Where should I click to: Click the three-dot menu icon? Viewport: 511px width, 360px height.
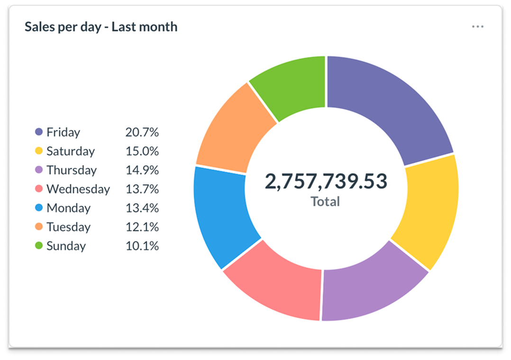[477, 27]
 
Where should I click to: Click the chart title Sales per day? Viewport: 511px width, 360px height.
[101, 27]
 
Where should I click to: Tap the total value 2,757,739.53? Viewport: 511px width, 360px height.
[326, 181]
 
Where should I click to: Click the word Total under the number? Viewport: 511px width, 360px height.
[325, 202]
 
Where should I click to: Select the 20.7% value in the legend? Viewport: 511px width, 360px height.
[142, 132]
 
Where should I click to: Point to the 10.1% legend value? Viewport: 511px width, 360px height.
[142, 246]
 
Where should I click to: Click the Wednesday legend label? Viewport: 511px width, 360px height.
[78, 189]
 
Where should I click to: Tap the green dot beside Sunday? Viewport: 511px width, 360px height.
[39, 246]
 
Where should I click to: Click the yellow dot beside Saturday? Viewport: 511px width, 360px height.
[39, 151]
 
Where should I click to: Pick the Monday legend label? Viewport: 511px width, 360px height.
[68, 208]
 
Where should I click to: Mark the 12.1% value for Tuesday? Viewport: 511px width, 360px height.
[142, 227]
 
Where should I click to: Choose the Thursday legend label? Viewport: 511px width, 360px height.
[72, 170]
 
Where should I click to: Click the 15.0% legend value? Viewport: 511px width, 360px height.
[142, 151]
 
